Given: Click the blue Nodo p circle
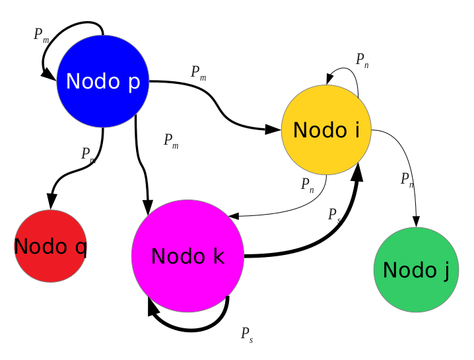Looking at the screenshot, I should [x=103, y=82].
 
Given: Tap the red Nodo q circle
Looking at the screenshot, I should [x=51, y=246].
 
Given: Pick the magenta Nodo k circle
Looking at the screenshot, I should [x=188, y=256].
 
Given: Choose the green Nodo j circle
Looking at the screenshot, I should [x=416, y=270].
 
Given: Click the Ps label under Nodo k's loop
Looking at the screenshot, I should [x=247, y=334].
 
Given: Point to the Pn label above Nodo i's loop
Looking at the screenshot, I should [x=362, y=60].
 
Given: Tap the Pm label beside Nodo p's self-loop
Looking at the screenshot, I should [x=42, y=35].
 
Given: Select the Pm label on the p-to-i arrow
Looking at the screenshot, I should [x=199, y=73].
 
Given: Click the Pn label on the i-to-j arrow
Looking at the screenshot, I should [x=407, y=179].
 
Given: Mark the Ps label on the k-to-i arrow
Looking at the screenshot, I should [x=334, y=215].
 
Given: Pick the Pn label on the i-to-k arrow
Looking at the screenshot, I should [x=308, y=184].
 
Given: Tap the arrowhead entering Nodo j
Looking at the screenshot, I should [x=417, y=222].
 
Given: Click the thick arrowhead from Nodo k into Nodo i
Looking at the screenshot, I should [x=356, y=170].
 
